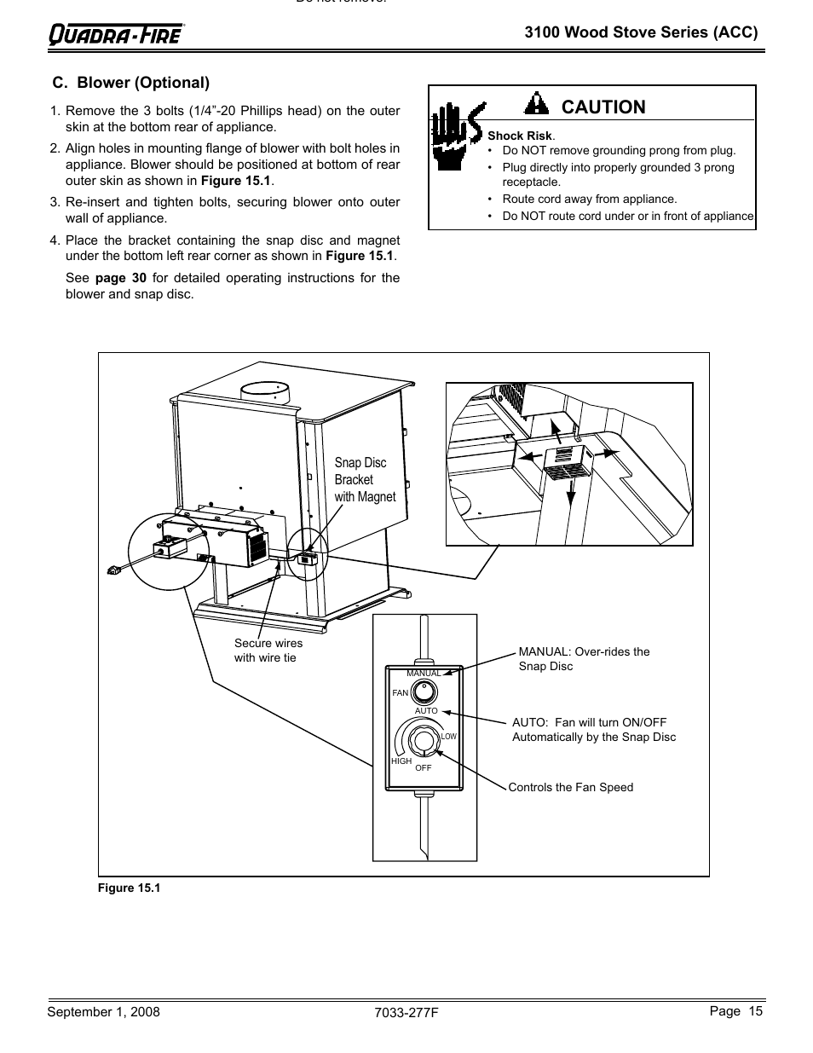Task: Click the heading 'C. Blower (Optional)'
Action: coord(130,83)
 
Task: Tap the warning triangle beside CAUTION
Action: coord(536,105)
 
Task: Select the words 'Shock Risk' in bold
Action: coord(520,136)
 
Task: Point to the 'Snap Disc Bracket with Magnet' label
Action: coord(365,480)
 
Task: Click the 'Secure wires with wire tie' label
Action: coord(268,651)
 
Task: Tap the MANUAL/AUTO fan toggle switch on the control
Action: coord(424,691)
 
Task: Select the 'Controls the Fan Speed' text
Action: coord(570,787)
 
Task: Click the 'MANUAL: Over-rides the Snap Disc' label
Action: coord(584,658)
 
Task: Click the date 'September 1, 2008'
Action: coord(103,1012)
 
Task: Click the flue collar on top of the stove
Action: coord(265,393)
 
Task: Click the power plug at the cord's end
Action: coord(112,570)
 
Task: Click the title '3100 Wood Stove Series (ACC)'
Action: coord(640,32)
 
